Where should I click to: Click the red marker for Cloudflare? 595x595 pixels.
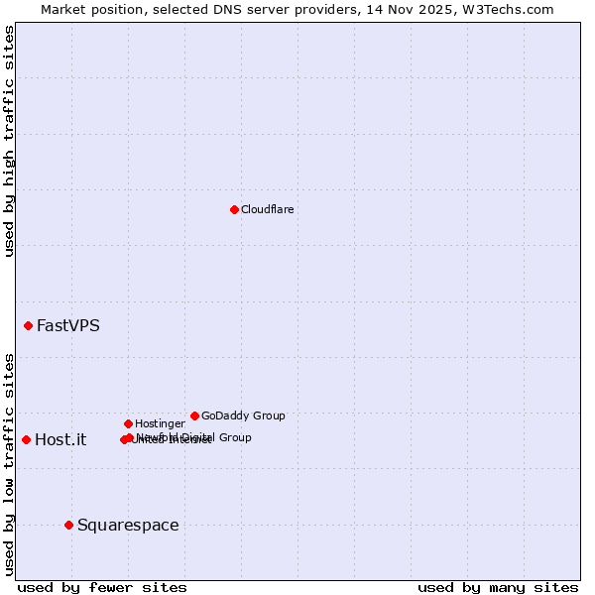234,209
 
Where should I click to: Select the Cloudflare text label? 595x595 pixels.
267,209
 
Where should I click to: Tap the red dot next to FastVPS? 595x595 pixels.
29,325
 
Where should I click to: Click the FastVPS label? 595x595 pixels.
67,325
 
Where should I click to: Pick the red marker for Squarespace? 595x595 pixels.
68,525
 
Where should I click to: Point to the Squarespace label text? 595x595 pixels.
128,525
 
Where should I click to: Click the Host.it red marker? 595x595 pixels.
26,439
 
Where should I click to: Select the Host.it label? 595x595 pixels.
60,439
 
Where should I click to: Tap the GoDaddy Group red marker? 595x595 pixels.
194,416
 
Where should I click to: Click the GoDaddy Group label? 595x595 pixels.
243,416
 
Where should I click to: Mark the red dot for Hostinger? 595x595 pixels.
128,423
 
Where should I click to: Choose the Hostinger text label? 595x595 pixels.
160,423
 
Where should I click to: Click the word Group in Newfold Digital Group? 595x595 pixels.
234,437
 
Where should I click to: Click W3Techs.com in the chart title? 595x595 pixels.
505,9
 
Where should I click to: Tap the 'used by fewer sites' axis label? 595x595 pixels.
102,587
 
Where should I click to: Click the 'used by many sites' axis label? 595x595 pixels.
498,587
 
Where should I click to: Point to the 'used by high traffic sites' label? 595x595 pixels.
9,142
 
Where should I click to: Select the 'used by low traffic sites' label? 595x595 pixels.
9,464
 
